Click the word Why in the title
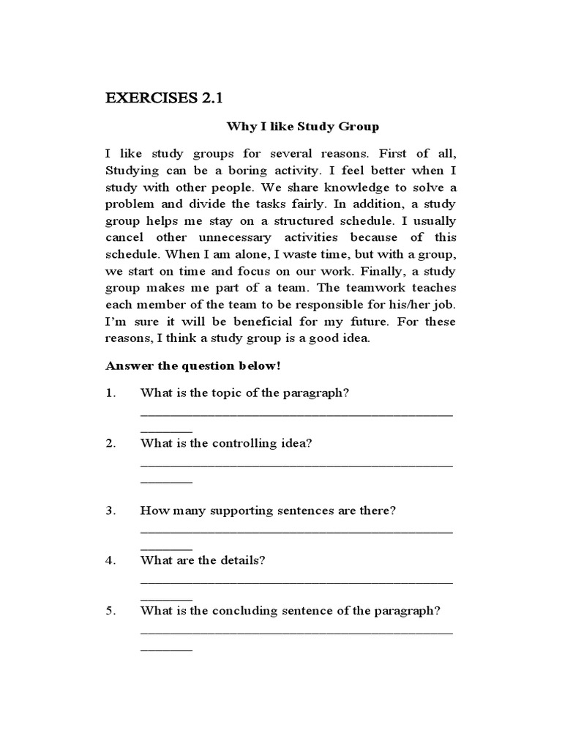pyautogui.click(x=238, y=127)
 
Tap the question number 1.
pyautogui.click(x=110, y=393)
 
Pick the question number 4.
pyautogui.click(x=110, y=560)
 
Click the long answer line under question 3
pyautogui.click(x=296, y=531)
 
